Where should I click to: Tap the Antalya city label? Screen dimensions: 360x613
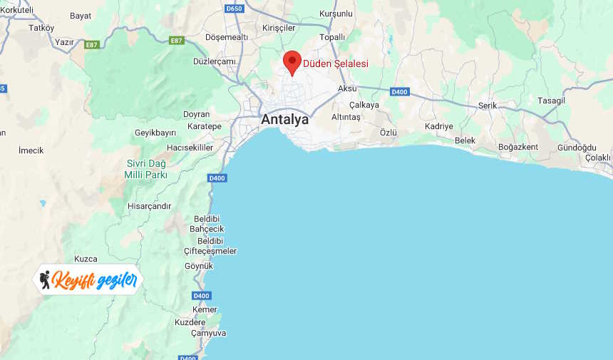pos(285,119)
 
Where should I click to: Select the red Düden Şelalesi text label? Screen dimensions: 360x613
pos(336,63)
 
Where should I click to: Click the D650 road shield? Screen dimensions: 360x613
pos(234,9)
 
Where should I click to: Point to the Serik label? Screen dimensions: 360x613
pos(488,105)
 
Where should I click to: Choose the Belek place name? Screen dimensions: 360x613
pos(465,140)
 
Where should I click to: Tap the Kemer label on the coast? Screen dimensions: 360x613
pos(205,309)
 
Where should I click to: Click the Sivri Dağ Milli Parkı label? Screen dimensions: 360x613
pos(146,169)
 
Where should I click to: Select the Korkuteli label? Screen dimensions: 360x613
pos(17,10)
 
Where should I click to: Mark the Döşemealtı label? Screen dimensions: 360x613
pos(227,36)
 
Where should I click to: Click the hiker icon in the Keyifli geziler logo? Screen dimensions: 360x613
pos(46,279)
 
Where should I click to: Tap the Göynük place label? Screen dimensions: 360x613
pos(199,266)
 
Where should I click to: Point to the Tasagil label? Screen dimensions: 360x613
pos(551,100)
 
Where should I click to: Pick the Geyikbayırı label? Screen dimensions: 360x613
pos(155,133)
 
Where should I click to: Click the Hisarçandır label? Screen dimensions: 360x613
pos(149,206)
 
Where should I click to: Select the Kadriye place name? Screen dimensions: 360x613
pos(438,126)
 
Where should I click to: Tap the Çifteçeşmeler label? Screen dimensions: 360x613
pos(210,251)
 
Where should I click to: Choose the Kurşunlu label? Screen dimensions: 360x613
pos(336,14)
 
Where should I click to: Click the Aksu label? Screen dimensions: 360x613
pos(347,88)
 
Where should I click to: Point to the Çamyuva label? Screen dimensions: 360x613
pos(208,333)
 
